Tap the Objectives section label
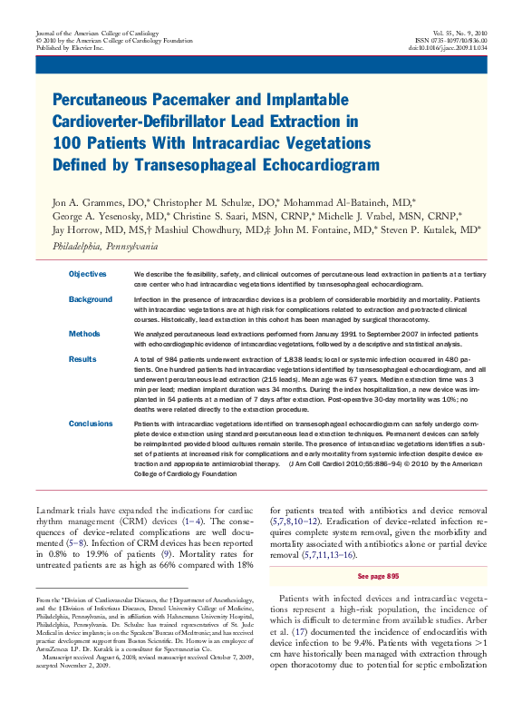(88, 274)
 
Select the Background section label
(91, 299)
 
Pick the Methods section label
(84, 334)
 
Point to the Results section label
(82, 359)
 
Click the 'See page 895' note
(378, 576)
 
